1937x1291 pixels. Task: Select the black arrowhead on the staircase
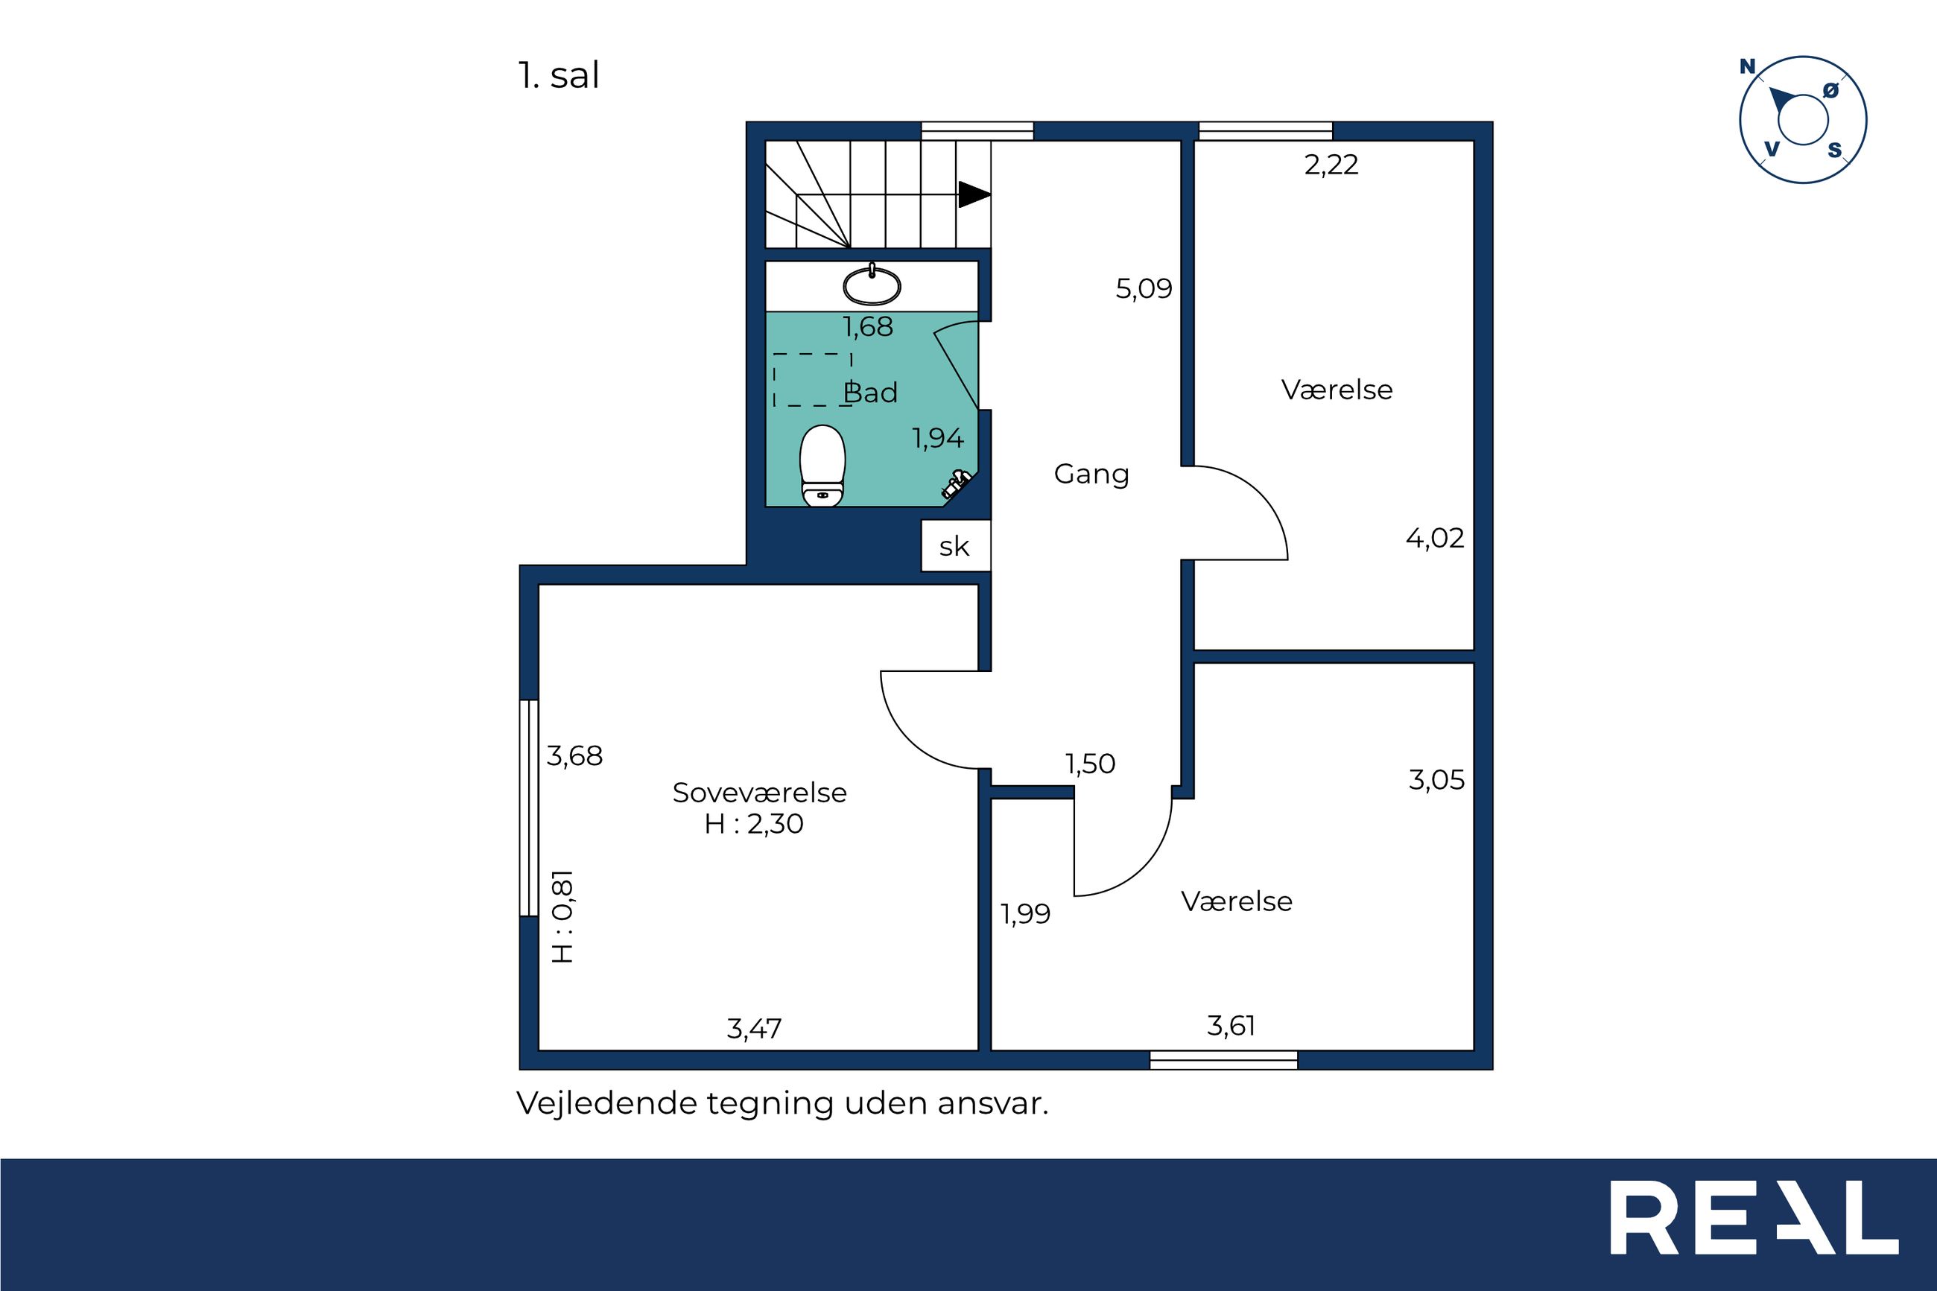click(974, 194)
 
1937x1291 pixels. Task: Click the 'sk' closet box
click(955, 546)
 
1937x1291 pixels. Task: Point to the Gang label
click(1091, 475)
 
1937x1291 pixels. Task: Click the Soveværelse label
click(759, 792)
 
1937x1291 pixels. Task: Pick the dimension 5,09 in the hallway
click(1144, 289)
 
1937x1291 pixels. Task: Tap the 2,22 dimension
click(1331, 165)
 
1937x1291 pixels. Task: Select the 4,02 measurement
click(1435, 539)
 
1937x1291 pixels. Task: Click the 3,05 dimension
click(1436, 780)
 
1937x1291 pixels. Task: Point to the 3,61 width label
click(1231, 1026)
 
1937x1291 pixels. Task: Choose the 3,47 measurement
click(754, 1028)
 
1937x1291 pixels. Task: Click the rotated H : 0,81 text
click(562, 916)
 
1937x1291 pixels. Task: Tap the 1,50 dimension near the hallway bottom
click(1091, 764)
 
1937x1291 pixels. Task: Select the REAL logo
click(1754, 1229)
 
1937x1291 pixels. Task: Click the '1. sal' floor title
click(559, 76)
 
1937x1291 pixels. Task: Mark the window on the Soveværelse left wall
click(528, 808)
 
